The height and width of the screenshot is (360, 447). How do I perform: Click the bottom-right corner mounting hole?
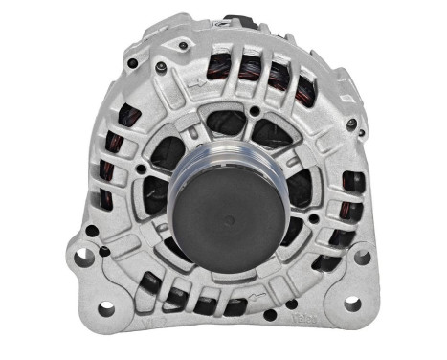(350, 304)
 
